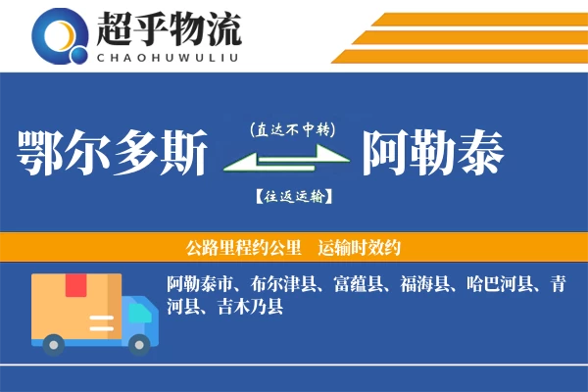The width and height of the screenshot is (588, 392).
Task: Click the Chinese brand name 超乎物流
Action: (x=168, y=29)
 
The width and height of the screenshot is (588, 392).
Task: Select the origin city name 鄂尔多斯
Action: (x=113, y=154)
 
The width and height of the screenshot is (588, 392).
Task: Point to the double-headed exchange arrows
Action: (x=285, y=160)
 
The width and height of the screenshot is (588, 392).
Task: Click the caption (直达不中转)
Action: (x=291, y=128)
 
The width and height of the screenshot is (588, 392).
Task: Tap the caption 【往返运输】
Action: (x=292, y=196)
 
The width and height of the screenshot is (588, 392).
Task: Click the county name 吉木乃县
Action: (x=249, y=309)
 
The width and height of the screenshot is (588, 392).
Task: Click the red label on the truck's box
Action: (x=76, y=286)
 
